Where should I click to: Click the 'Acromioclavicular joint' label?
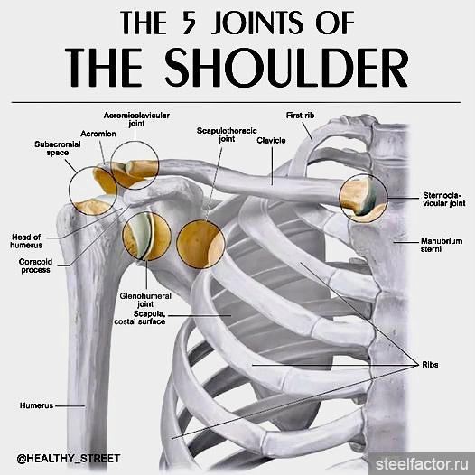136,119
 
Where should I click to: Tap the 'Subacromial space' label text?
58,148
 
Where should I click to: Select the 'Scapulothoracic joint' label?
227,135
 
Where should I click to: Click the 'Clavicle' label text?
271,141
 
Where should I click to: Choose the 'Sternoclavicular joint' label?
443,199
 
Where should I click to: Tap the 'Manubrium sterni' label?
442,245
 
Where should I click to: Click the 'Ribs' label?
430,365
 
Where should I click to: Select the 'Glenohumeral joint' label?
145,300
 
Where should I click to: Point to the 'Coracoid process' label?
35,265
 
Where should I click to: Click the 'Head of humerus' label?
26,241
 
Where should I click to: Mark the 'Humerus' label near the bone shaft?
36,405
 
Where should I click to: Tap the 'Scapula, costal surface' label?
140,318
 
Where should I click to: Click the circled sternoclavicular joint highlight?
363,199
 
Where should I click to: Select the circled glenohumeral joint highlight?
146,237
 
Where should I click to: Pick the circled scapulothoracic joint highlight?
200,244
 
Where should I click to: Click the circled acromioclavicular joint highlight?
135,165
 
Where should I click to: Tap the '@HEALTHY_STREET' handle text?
69,459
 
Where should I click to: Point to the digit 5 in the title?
188,22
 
